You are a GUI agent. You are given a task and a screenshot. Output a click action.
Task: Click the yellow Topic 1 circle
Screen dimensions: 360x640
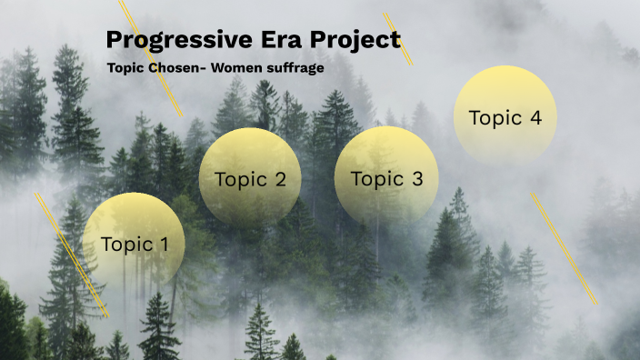[134, 244]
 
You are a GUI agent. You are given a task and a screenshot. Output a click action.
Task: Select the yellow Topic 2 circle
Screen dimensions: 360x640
[250, 178]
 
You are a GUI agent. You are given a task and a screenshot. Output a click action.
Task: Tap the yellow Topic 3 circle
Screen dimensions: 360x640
[386, 178]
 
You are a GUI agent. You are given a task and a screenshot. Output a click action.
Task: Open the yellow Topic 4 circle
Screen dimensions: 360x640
[505, 116]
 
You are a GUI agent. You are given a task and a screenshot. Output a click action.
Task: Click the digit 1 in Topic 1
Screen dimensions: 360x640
[164, 244]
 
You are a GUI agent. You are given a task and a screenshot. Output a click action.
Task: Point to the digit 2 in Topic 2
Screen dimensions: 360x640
[280, 179]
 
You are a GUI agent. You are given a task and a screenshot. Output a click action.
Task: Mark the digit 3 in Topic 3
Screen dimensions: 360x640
[417, 179]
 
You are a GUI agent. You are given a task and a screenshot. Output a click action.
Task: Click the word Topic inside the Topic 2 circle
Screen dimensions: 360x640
[238, 179]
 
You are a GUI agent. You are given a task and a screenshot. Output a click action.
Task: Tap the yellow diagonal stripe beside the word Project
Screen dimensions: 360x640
[398, 39]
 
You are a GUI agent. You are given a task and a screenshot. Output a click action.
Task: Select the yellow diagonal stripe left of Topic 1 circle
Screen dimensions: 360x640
[72, 255]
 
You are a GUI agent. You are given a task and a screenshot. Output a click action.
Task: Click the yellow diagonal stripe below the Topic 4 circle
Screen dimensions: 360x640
[565, 248]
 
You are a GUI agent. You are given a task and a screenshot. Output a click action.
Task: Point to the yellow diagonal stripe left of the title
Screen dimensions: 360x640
[152, 59]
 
